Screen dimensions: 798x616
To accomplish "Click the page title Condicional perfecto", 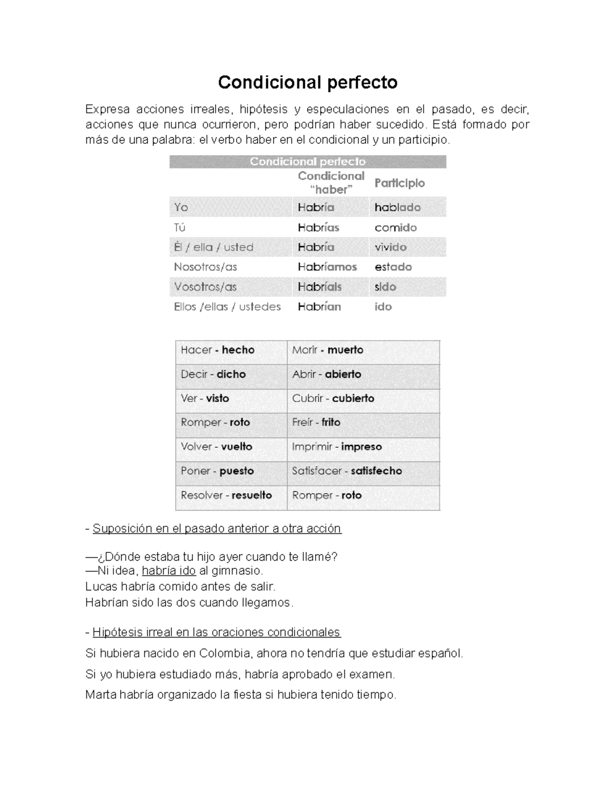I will [307, 82].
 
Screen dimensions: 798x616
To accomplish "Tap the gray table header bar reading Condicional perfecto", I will [307, 161].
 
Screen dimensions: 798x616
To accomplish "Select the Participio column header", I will [399, 183].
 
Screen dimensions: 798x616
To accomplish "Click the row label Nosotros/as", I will [205, 267].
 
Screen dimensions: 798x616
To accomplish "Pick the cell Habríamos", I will [327, 267].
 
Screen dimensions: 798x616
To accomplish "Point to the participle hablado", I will [397, 208].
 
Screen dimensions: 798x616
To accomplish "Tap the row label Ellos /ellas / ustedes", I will [227, 307].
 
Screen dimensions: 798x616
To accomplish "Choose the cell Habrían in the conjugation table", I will [319, 307].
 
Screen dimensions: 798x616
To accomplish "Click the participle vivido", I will [390, 247].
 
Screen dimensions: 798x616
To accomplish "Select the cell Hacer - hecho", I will [218, 350].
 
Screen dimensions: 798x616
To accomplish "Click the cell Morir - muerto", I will [328, 350].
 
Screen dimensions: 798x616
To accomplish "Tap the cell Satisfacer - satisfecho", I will [346, 471].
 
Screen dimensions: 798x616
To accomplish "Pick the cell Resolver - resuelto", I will [226, 495].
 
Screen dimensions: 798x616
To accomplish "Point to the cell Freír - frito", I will [316, 422].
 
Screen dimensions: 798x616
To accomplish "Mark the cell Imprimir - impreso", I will [337, 447].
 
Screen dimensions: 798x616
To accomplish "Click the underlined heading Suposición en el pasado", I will [217, 529].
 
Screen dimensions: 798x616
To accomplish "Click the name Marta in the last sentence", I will [101, 695].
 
